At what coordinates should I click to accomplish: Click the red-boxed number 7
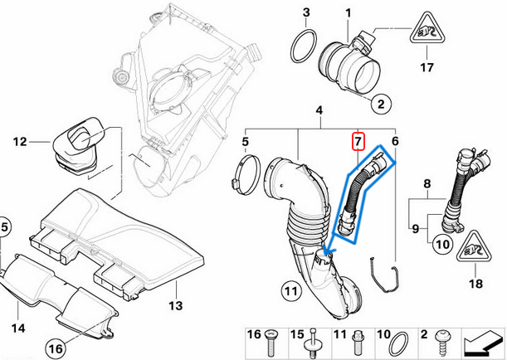358,142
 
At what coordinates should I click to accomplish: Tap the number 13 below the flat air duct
175,306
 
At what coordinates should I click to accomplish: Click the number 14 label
17,327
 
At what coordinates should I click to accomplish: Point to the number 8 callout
427,182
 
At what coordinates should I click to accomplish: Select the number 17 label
429,67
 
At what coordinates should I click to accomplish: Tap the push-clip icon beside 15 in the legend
314,340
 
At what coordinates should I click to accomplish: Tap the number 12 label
20,142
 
